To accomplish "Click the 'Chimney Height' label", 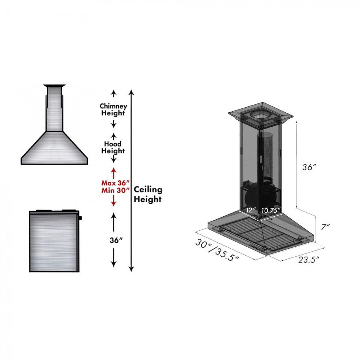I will tap(113, 109).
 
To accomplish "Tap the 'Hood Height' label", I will tap(113, 147).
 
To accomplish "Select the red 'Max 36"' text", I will tap(115, 183).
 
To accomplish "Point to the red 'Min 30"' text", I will tap(115, 190).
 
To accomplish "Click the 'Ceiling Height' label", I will tap(148, 194).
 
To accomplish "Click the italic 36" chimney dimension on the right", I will tap(309, 167).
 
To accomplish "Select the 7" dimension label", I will tap(326, 227).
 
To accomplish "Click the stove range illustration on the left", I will tap(54, 241).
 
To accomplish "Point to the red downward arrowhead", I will tap(114, 203).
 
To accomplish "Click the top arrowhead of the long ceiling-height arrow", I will tap(132, 92).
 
